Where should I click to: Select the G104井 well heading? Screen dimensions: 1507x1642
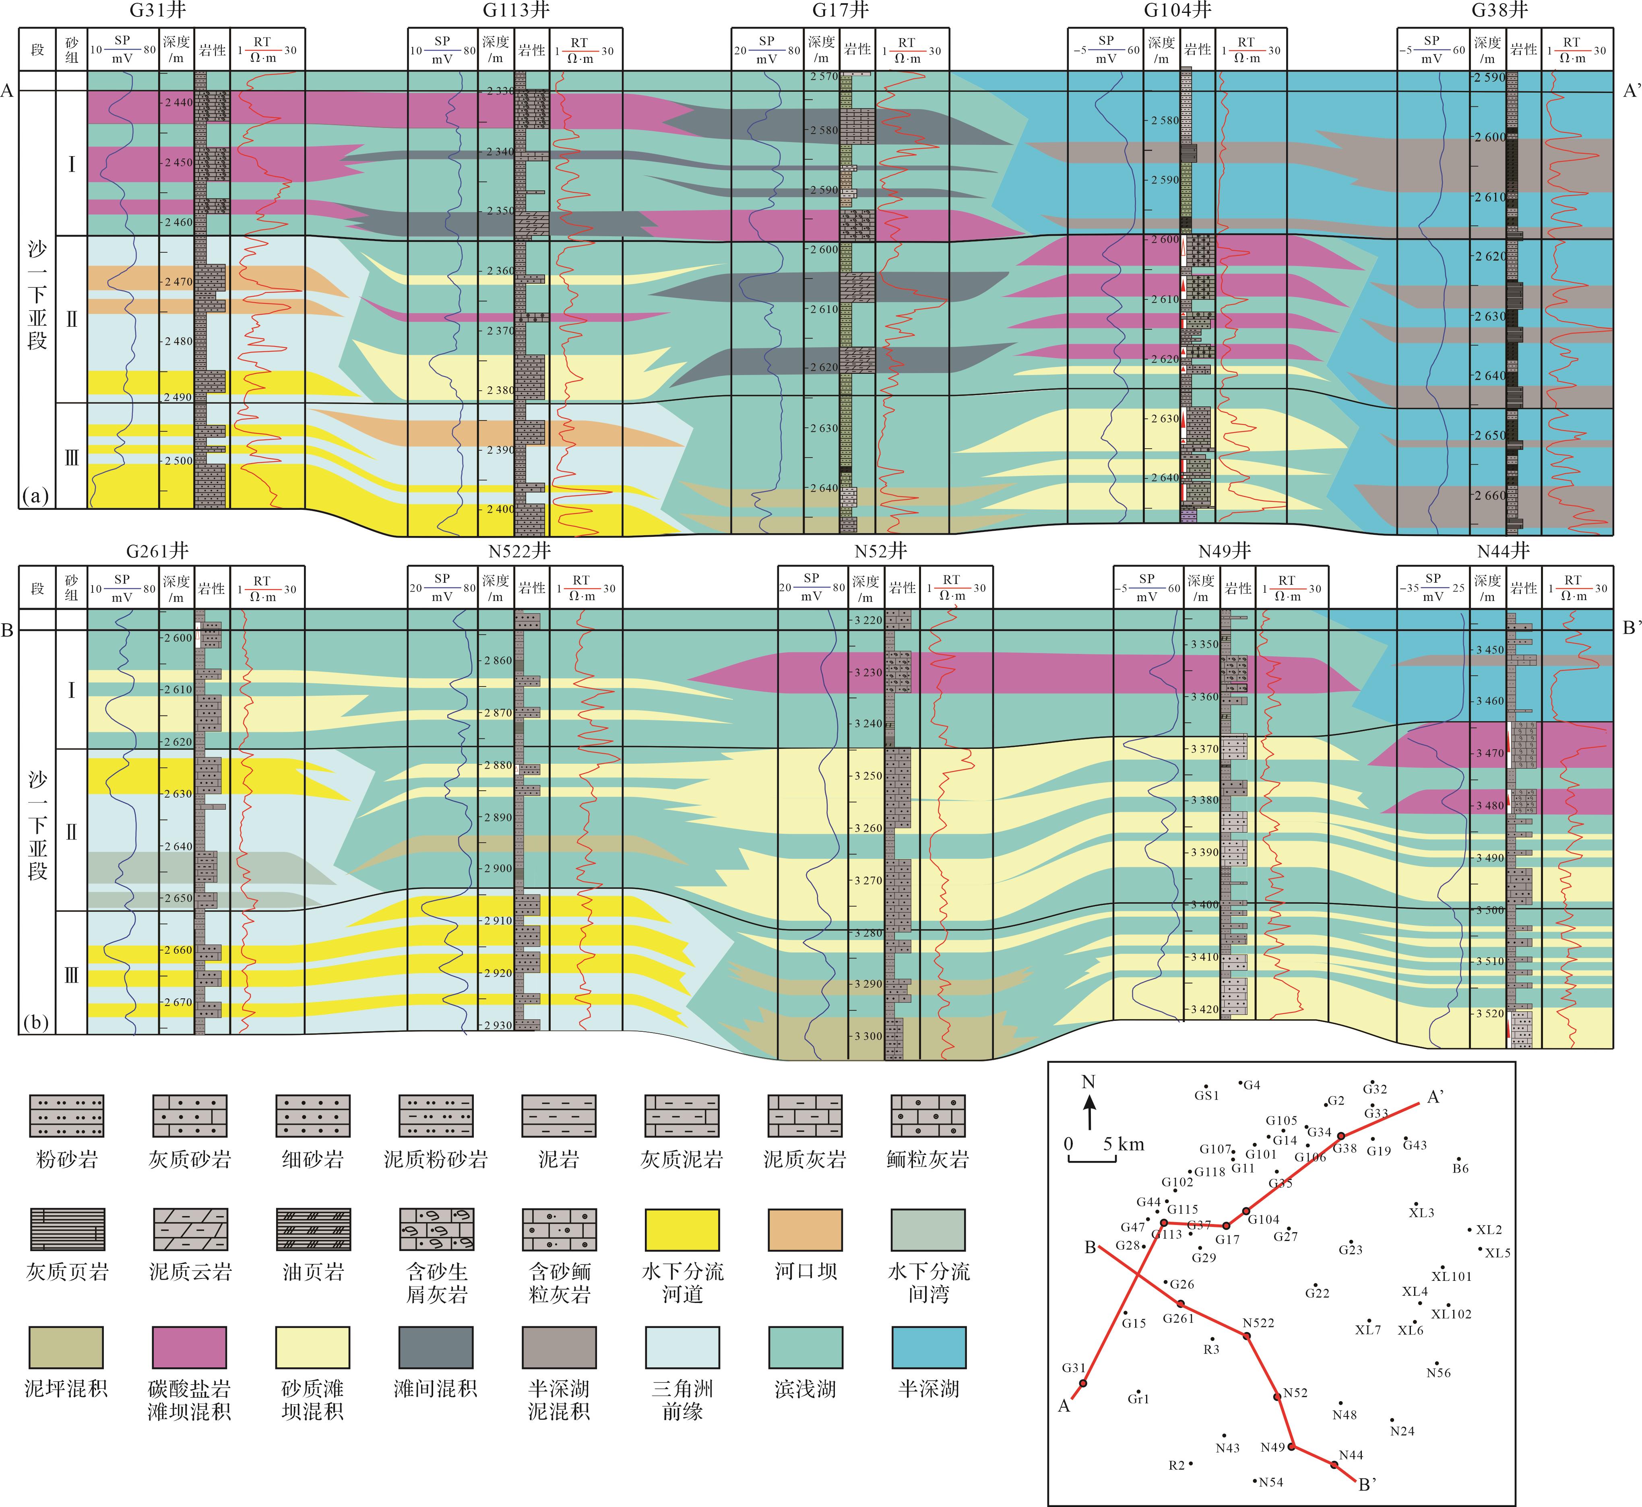coord(1177,10)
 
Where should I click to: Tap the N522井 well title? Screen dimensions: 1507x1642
coord(520,551)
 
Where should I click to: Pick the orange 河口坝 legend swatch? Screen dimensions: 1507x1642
coord(805,1230)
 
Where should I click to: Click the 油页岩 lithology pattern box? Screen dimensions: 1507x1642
coord(313,1230)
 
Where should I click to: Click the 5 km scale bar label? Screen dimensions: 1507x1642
coord(1123,1144)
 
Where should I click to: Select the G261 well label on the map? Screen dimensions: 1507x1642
coord(1178,1318)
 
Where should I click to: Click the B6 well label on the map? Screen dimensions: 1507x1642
coord(1460,1169)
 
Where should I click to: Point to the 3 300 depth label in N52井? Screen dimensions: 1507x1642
coord(868,1036)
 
